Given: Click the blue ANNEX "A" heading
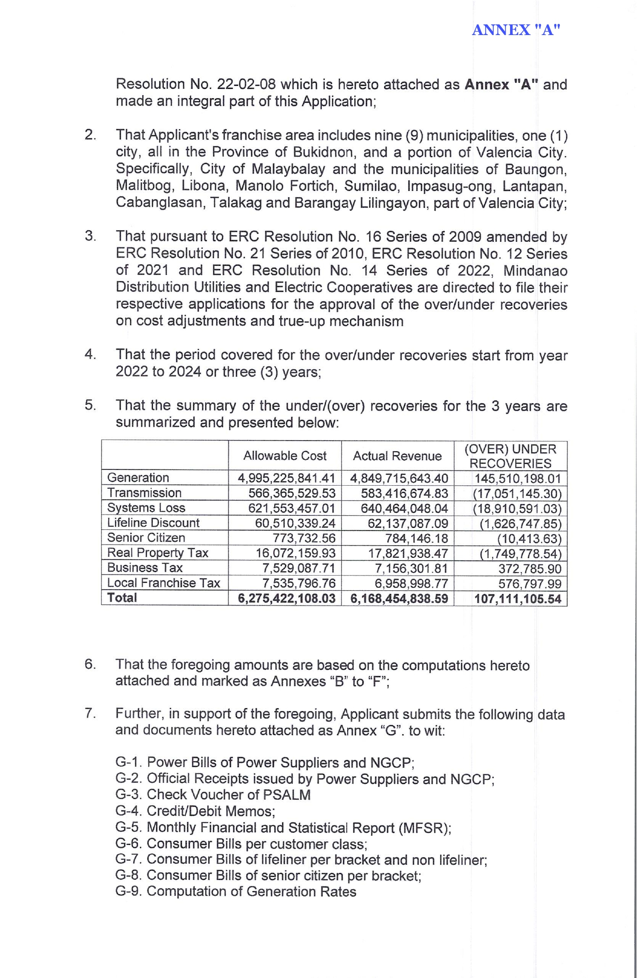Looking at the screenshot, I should coord(516,30).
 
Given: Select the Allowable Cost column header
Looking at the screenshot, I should coord(285,456).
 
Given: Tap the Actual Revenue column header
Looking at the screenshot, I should coord(397,456).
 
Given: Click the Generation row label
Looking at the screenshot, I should coord(138,478).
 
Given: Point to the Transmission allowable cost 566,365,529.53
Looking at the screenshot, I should coord(292,493).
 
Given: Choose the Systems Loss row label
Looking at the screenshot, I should coord(146,508).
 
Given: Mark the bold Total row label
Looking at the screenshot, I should coord(122,597).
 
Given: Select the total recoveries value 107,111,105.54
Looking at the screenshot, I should coord(517,599).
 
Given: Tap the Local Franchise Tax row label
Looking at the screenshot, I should coord(163,583).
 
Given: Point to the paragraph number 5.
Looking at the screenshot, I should coord(90,405).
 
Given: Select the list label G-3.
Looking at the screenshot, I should coord(129,795).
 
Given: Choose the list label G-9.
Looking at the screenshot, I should coord(129,892).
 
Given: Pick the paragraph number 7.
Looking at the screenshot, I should coord(90,713).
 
